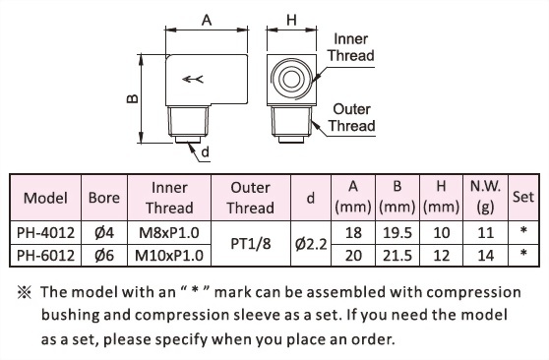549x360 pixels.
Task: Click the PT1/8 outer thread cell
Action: [x=250, y=244]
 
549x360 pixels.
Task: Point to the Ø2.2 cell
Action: [x=311, y=244]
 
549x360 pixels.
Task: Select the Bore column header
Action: [x=103, y=197]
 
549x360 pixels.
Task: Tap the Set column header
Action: [x=523, y=197]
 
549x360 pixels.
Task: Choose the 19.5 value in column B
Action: [x=396, y=234]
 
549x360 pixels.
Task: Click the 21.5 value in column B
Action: [x=396, y=255]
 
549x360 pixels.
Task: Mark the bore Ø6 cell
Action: [x=103, y=255]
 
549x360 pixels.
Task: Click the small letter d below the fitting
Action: [x=205, y=152]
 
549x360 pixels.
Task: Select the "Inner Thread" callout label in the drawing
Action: [x=352, y=47]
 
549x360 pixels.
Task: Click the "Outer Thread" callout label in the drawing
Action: [x=352, y=117]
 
